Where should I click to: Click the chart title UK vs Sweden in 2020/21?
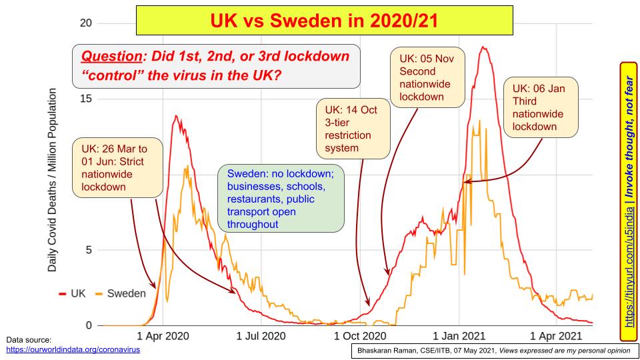[x=325, y=20]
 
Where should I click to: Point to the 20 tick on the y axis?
[x=85, y=23]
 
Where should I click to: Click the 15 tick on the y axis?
[x=85, y=99]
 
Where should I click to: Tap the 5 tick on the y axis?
[x=88, y=250]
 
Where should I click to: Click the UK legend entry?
[x=73, y=293]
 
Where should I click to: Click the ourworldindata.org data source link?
[x=73, y=349]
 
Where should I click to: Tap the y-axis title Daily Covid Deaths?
[x=52, y=180]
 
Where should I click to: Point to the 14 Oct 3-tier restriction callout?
[x=352, y=129]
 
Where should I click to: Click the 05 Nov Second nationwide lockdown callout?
[x=426, y=77]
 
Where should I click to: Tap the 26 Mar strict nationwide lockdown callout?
[x=117, y=167]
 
